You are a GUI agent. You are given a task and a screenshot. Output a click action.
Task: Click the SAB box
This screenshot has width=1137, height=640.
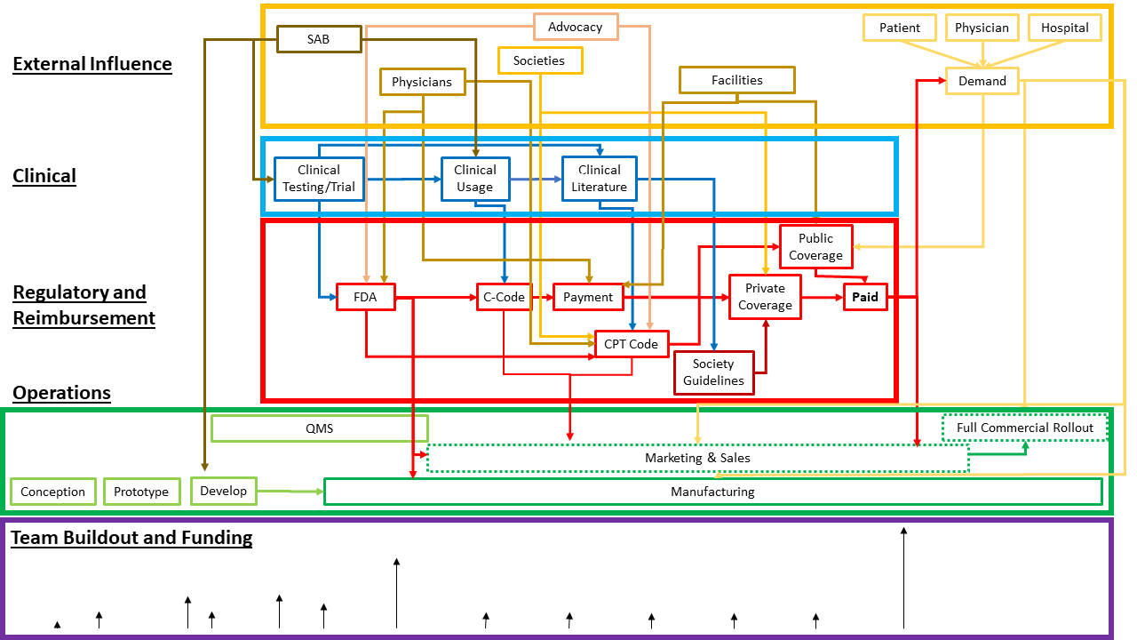pyautogui.click(x=318, y=39)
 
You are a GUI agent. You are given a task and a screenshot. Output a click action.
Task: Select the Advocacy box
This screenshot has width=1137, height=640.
pyautogui.click(x=575, y=27)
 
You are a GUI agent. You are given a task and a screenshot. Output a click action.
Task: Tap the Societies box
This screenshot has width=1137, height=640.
pyautogui.click(x=539, y=60)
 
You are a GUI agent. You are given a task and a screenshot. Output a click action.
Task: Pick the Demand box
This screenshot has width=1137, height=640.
pyautogui.click(x=982, y=81)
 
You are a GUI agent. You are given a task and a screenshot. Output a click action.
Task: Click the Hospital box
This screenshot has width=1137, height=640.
pyautogui.click(x=1064, y=28)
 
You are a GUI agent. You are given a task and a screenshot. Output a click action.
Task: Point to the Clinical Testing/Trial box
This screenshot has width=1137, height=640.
pyautogui.click(x=319, y=178)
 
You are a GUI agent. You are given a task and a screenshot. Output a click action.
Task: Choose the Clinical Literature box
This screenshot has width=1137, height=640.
pyautogui.click(x=600, y=178)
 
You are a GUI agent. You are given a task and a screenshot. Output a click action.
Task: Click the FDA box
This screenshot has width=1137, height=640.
pyautogui.click(x=365, y=297)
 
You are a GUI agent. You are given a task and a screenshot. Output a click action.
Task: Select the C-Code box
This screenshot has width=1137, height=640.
pyautogui.click(x=504, y=297)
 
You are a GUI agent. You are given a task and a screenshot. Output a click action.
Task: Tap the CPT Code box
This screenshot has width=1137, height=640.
pyautogui.click(x=631, y=344)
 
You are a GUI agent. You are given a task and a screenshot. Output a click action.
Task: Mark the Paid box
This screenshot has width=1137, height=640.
pyautogui.click(x=865, y=297)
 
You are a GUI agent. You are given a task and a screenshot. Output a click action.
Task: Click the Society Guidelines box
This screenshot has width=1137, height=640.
pyautogui.click(x=713, y=372)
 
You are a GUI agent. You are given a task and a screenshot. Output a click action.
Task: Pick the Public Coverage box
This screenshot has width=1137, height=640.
pyautogui.click(x=815, y=246)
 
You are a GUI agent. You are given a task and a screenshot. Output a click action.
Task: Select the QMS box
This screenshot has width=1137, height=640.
pyautogui.click(x=319, y=428)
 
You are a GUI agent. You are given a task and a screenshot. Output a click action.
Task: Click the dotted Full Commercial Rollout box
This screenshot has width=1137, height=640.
pyautogui.click(x=1025, y=428)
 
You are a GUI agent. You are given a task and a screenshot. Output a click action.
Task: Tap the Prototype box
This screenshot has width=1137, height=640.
pyautogui.click(x=141, y=492)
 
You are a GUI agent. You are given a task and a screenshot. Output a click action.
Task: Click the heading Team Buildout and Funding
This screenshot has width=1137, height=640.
pyautogui.click(x=132, y=538)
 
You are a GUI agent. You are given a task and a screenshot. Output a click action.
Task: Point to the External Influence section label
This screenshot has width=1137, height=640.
pyautogui.click(x=92, y=64)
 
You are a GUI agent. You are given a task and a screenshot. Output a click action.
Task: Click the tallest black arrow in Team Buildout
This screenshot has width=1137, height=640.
pyautogui.click(x=903, y=578)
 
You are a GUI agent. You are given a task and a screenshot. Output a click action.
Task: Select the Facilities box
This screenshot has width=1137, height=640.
pyautogui.click(x=736, y=80)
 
